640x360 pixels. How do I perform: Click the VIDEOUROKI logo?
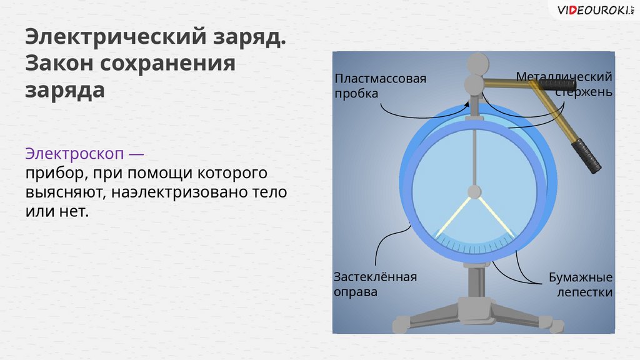[590, 9]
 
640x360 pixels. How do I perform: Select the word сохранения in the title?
[169, 63]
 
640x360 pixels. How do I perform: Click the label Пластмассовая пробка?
[380, 86]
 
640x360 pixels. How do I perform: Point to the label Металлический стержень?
[564, 84]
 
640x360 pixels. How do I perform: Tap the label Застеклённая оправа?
[374, 284]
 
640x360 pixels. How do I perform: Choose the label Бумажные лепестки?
[580, 284]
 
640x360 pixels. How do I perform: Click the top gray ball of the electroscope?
[478, 62]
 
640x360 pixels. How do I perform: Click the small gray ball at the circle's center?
[475, 191]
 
